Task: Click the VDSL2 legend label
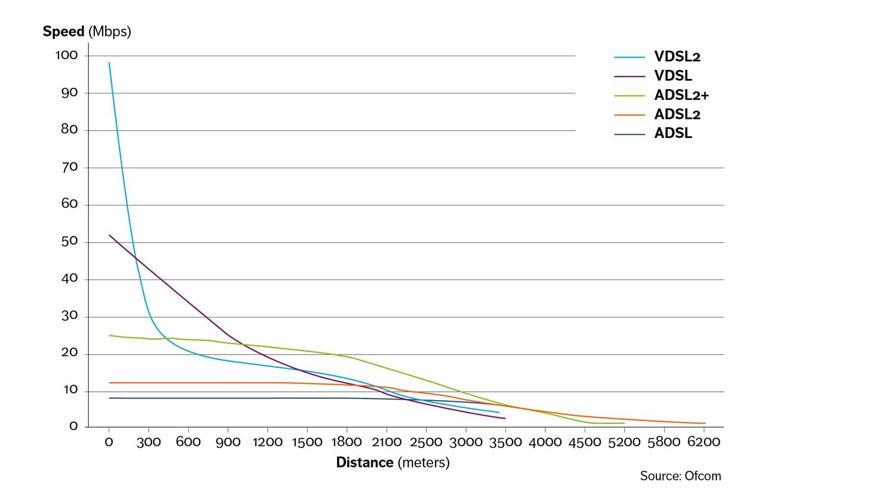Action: pos(677,57)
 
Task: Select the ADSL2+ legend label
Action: pos(681,95)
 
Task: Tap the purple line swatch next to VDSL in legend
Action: pos(629,76)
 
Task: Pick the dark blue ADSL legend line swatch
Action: pos(629,134)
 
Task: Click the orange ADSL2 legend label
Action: pos(677,114)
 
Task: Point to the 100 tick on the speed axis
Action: pos(67,55)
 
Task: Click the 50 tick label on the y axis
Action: pos(69,241)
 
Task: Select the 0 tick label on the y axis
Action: pos(73,426)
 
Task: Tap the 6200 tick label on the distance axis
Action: pos(703,442)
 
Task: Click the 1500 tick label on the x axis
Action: pos(307,442)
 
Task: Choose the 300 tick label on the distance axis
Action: pos(149,442)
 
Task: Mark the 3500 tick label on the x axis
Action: pos(505,442)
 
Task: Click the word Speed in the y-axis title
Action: pos(63,32)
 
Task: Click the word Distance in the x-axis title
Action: pos(365,463)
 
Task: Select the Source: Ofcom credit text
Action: pos(680,476)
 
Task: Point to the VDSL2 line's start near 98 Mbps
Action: pos(109,63)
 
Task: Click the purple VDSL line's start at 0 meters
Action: pos(109,235)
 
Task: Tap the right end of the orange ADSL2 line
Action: pos(705,423)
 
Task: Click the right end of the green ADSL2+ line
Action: pos(624,423)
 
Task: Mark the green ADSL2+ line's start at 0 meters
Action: pos(109,336)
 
